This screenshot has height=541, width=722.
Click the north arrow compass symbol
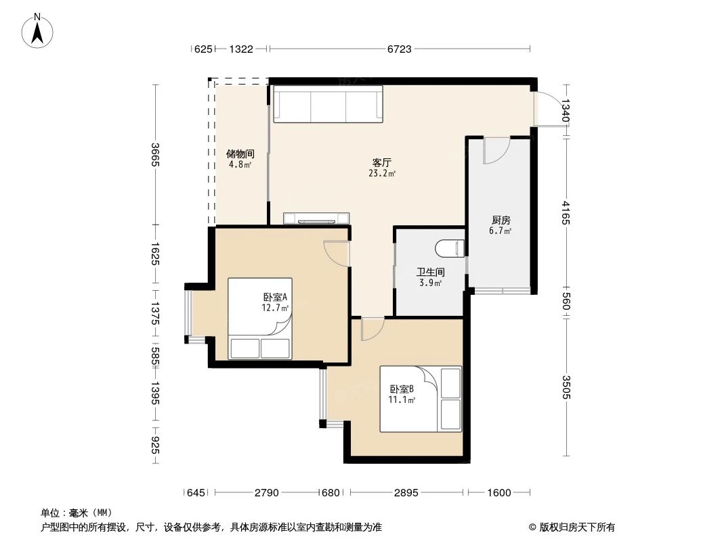pos(38,30)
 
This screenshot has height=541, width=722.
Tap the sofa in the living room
pos(328,103)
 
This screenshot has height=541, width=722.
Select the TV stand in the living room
pos(316,218)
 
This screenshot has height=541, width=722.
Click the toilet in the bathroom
pos(450,249)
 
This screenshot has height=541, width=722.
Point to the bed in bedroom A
pos(259,318)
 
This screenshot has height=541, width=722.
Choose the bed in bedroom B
pos(420,398)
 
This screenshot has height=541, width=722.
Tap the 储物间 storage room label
pos(240,154)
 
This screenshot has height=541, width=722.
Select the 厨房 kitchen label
pos(501,220)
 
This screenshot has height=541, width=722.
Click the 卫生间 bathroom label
pos(430,273)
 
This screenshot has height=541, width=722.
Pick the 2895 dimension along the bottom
pos(406,493)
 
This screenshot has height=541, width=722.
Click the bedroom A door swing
pos(336,253)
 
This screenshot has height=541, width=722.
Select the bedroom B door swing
pos(372,329)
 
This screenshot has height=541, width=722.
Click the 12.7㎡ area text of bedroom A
pos(275,308)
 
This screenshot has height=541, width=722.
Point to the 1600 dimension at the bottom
pos(498,493)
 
